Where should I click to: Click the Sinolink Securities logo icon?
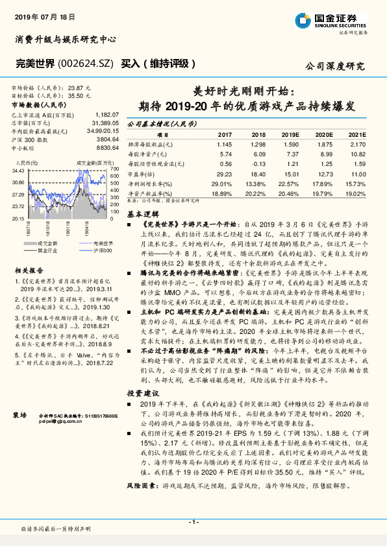303,19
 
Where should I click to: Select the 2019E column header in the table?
290,134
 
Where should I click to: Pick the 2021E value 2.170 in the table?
358,144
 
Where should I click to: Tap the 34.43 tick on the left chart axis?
18,170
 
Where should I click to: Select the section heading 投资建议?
141,393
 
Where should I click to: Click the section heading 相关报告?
29,269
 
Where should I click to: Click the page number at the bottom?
193,522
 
